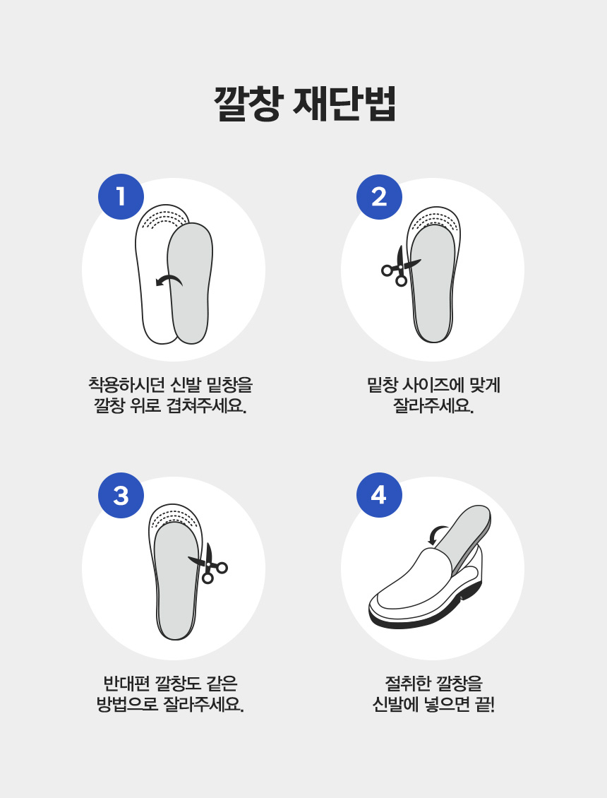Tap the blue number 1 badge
pos(121,196)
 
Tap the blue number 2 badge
pos(379,196)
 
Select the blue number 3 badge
pos(121,495)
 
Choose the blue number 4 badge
pos(379,495)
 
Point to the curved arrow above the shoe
pos(438,534)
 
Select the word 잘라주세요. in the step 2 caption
pos(433,407)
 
